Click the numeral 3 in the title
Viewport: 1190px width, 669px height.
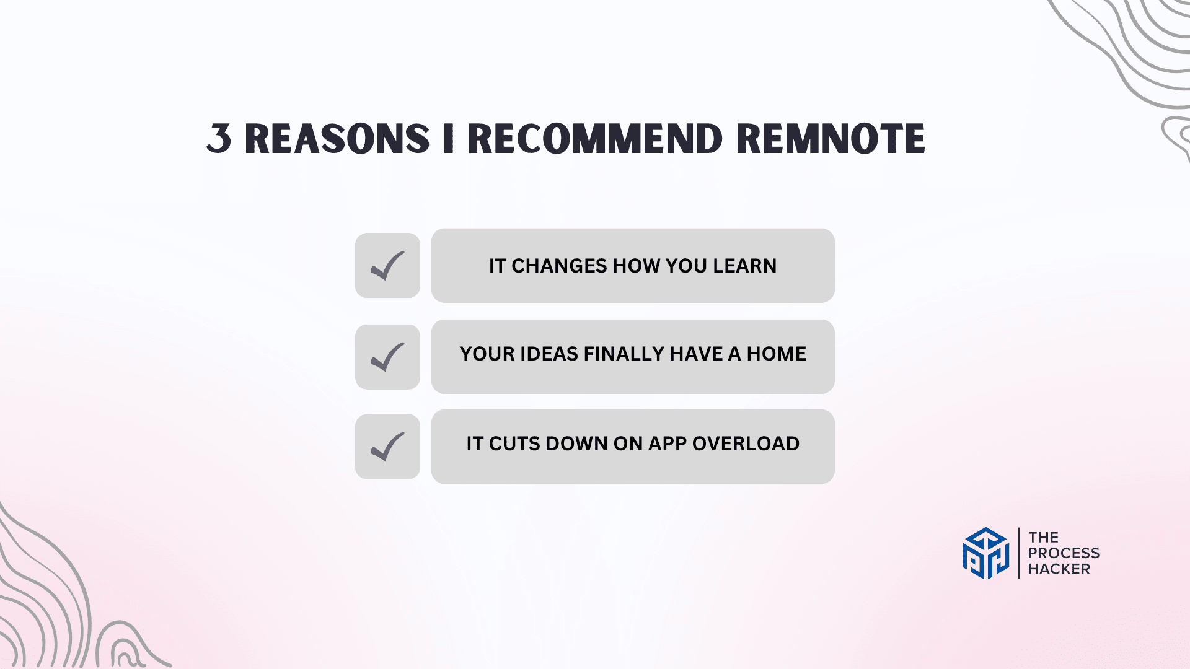tap(219, 138)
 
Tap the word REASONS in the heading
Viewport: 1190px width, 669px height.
tap(337, 138)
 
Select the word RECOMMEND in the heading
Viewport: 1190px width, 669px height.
tap(595, 138)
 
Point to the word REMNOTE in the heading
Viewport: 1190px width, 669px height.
tap(831, 138)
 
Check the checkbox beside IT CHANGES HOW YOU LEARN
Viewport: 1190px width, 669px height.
tap(387, 266)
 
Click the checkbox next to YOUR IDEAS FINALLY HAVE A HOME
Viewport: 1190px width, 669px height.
tap(387, 357)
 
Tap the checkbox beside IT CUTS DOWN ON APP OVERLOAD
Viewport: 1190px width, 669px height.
tap(387, 447)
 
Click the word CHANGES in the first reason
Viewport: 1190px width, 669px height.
tap(559, 266)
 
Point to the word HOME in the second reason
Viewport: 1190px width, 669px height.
tap(777, 354)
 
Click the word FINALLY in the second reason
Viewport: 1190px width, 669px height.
tap(624, 354)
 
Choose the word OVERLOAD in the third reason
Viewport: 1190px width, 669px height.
tap(746, 444)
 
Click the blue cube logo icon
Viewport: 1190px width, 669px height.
tap(985, 553)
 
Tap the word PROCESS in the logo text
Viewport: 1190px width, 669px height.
tap(1064, 553)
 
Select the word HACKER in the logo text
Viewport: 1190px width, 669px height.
tap(1059, 569)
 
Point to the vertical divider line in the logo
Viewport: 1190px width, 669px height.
tap(1019, 553)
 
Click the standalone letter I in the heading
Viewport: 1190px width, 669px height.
tap(449, 138)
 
